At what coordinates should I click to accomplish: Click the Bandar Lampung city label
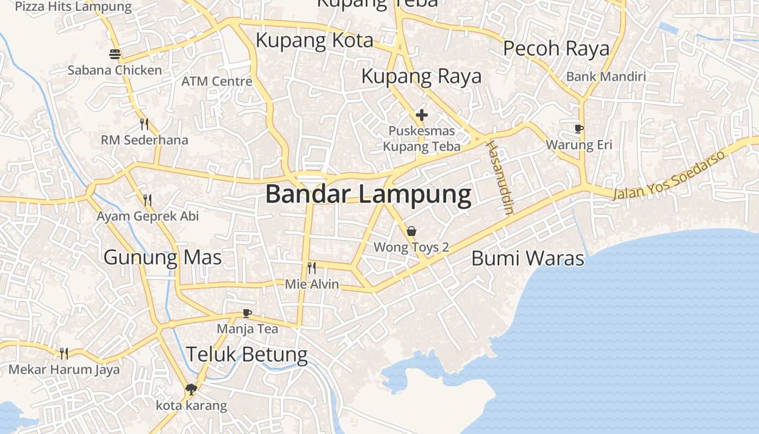pos(368,195)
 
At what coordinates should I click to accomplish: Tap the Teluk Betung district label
pos(247,355)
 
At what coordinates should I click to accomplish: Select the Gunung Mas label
pos(163,257)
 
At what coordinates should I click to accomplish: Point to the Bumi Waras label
pos(528,258)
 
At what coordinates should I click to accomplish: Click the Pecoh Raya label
pos(556,49)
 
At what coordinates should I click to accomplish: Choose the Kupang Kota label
pos(314,41)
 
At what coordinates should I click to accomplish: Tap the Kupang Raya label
pos(421,76)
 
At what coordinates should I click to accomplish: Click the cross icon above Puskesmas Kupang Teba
pos(422,114)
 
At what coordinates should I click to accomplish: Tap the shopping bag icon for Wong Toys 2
pos(411,232)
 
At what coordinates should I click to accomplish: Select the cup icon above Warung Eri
pos(579,129)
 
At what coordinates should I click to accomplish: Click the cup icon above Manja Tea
pos(247,313)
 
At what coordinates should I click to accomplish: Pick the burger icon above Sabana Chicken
pos(115,54)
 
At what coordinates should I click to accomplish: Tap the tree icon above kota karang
pos(191,389)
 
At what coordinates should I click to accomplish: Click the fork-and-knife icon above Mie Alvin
pos(312,267)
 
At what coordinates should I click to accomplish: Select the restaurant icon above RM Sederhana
pos(144,124)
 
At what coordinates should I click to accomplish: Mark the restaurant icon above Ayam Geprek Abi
pos(147,200)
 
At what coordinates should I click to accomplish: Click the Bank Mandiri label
pos(606,76)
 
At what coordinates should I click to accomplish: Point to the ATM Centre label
pos(217,81)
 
